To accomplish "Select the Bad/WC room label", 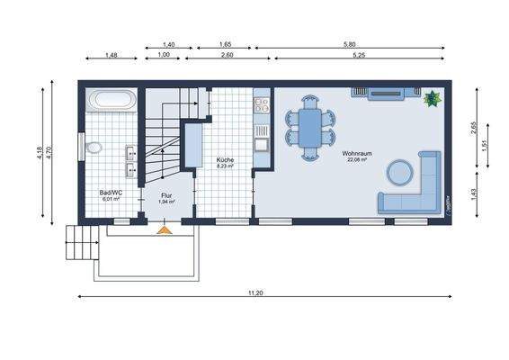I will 112,193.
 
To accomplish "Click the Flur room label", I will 166,195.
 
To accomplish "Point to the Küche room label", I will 225,159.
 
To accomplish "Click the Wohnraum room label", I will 356,154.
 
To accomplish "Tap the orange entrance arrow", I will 164,230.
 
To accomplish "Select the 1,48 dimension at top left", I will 112,55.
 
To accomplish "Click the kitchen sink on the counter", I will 261,142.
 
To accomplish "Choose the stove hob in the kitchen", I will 261,106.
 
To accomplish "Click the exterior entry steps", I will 82,240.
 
